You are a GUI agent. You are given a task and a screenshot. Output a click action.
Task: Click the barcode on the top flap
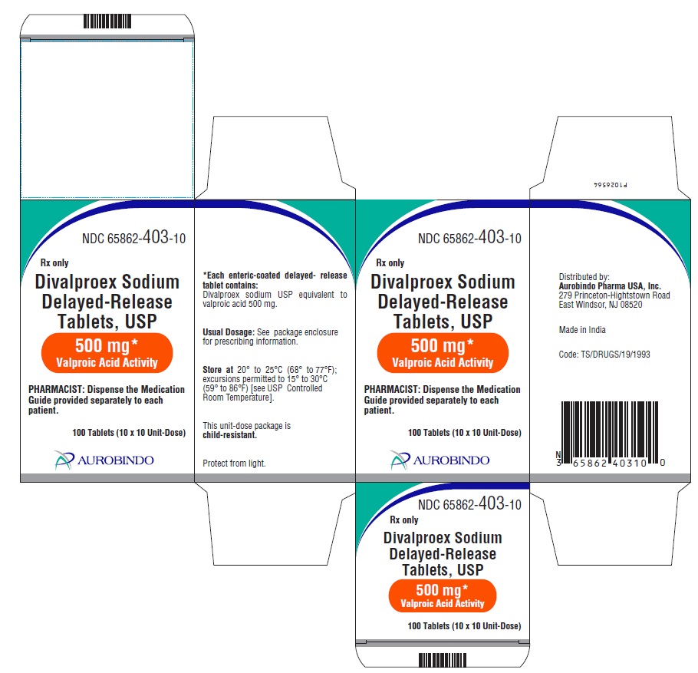[107, 21]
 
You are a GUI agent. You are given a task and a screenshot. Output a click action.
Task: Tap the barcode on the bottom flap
[443, 660]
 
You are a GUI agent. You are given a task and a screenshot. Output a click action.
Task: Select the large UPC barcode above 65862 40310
[610, 431]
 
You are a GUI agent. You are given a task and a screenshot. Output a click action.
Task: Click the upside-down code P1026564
[611, 184]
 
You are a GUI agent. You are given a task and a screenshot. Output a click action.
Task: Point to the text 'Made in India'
[582, 330]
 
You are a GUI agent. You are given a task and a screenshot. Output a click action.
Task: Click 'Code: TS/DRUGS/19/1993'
[604, 355]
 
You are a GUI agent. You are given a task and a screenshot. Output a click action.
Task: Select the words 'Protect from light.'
[234, 464]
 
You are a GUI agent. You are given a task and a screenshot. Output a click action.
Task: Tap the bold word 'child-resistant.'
[229, 435]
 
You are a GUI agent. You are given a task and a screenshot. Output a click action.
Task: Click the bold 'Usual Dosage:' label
[229, 332]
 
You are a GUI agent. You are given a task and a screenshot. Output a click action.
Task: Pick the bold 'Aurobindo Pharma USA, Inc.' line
[610, 286]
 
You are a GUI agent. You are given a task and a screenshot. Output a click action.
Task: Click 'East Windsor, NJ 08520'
[601, 305]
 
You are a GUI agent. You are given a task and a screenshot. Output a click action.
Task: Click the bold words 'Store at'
[218, 370]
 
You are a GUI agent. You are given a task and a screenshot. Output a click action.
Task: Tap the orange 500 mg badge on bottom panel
[442, 596]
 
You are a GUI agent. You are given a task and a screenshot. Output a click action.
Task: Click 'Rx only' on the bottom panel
[404, 520]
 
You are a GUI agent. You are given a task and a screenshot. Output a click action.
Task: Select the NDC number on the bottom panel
[469, 503]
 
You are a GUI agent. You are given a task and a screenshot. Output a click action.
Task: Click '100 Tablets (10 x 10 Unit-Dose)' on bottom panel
[464, 625]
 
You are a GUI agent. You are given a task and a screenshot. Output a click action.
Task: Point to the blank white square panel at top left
[107, 120]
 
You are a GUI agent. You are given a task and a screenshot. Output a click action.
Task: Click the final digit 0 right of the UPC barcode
[663, 463]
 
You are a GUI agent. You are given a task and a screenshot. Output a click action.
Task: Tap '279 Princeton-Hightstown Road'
[614, 295]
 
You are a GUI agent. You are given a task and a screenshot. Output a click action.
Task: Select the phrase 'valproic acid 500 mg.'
[240, 304]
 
